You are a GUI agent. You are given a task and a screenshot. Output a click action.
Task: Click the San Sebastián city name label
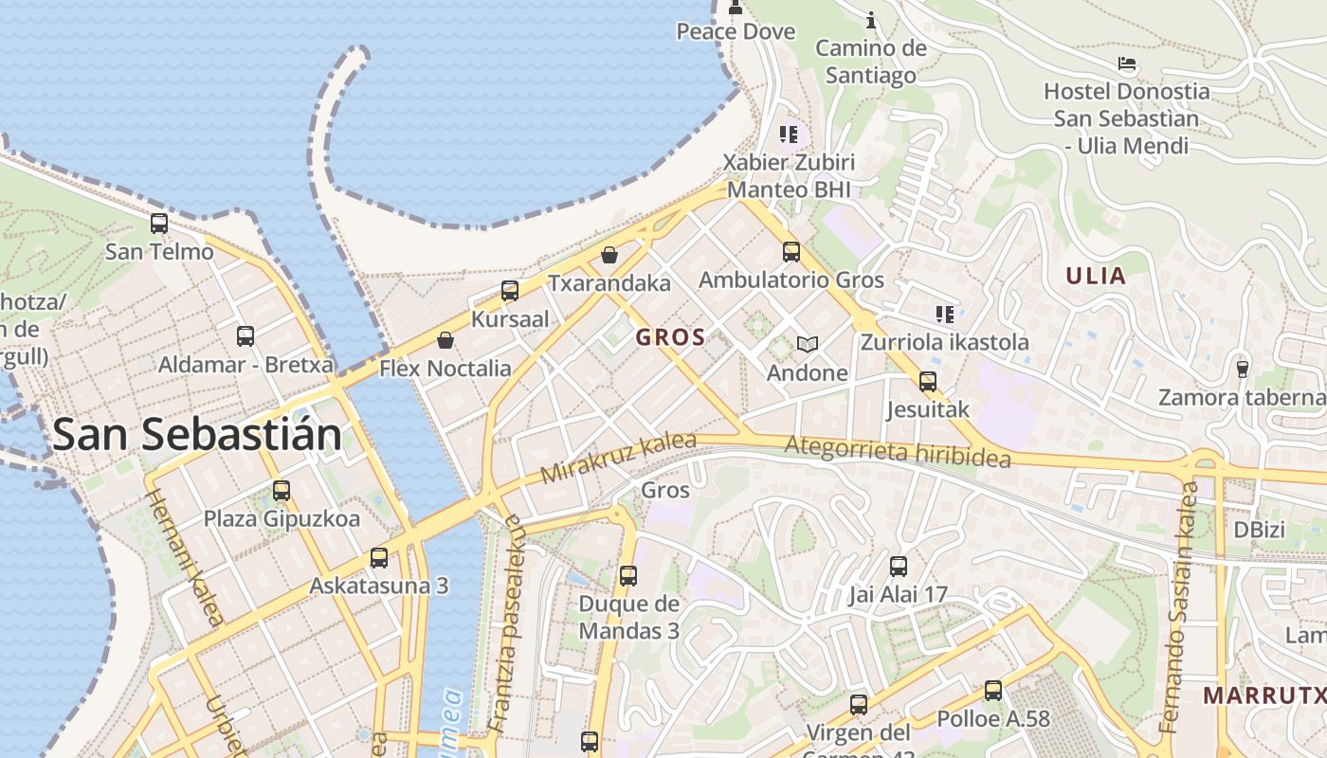[196, 434]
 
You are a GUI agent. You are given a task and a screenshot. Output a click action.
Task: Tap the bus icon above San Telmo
[159, 224]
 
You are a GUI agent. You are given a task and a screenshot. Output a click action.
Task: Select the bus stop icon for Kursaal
[510, 291]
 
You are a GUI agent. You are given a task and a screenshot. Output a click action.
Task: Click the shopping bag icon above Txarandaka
[609, 255]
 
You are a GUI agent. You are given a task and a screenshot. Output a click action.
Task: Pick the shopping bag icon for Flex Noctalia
[445, 340]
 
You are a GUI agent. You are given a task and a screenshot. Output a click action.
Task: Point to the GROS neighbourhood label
[670, 337]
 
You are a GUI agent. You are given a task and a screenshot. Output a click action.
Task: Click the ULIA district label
[1096, 277]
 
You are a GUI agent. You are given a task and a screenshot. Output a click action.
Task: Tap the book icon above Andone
[807, 344]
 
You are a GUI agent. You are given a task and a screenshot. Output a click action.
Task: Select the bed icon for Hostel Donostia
[1126, 63]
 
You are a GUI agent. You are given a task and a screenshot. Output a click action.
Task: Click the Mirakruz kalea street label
[618, 458]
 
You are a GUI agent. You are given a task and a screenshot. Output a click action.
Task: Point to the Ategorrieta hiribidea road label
[898, 450]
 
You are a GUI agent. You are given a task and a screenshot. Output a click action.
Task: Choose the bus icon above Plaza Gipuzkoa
[282, 491]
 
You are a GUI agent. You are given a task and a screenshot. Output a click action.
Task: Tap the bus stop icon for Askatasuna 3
[379, 557]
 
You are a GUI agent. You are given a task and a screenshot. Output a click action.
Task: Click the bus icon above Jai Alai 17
[898, 567]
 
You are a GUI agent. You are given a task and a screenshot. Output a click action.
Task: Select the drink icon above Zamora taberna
[1242, 369]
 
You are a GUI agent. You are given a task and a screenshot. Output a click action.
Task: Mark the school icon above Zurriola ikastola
[944, 314]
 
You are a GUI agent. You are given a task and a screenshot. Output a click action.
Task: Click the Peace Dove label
[735, 31]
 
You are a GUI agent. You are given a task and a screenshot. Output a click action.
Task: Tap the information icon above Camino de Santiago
[871, 20]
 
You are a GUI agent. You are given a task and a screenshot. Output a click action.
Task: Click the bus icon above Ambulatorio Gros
[791, 252]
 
